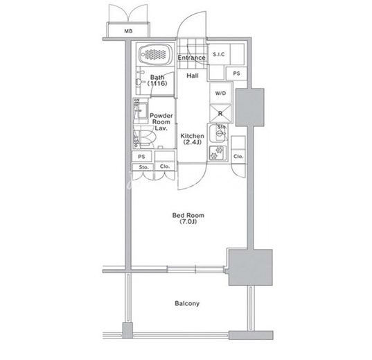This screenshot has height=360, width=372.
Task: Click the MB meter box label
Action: (x=128, y=31)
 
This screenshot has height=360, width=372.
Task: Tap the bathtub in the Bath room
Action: (x=155, y=54)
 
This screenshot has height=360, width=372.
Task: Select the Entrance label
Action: (x=191, y=58)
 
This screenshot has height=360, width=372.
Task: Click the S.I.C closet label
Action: (x=218, y=54)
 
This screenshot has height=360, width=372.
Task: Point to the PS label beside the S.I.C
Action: (x=236, y=74)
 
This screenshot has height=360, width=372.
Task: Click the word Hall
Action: (x=193, y=76)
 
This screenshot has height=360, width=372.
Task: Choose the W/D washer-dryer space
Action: (x=220, y=93)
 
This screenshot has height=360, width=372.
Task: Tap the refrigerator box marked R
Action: (x=220, y=114)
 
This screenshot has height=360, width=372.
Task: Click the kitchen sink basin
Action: (x=218, y=133)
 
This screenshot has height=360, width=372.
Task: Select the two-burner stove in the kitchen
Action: (x=218, y=153)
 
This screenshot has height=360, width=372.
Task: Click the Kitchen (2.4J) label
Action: (x=192, y=139)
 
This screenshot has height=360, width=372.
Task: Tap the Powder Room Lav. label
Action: (x=161, y=122)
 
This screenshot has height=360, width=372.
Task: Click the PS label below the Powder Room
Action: (x=141, y=157)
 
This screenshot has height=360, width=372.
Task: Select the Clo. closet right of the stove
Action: (x=238, y=150)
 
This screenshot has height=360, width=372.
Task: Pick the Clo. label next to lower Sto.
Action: (x=165, y=166)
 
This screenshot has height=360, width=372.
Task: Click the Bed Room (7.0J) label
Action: (x=188, y=218)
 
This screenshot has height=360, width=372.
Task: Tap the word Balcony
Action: (x=187, y=303)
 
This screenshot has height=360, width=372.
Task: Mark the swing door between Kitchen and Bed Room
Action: (x=192, y=177)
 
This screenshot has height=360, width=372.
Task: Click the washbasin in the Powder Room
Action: (x=141, y=111)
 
